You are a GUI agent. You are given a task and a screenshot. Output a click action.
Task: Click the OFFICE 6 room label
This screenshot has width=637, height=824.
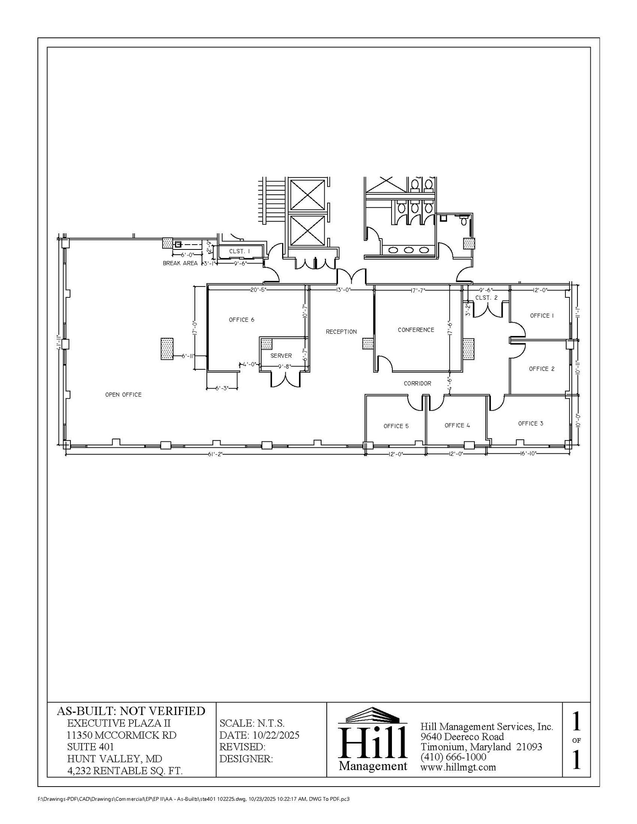241,320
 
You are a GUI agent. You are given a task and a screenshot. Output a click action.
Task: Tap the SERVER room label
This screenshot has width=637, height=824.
281,356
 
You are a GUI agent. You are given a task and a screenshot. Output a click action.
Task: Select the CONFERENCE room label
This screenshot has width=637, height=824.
416,330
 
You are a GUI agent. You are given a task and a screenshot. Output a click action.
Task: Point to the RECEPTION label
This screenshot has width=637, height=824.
341,332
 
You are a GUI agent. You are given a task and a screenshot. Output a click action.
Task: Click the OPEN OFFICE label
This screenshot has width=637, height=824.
123,395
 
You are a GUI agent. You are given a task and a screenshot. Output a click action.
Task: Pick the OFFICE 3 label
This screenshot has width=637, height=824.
530,423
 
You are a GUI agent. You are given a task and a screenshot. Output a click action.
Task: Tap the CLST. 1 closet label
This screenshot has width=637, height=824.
239,251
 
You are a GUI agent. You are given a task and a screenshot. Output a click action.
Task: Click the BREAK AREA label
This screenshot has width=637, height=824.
180,264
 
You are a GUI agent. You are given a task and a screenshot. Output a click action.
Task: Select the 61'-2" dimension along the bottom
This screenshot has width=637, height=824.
215,454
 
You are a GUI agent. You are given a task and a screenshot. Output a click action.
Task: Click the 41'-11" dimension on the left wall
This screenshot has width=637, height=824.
59,343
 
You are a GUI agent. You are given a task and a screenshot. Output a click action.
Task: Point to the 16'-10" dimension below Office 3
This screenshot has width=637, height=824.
527,453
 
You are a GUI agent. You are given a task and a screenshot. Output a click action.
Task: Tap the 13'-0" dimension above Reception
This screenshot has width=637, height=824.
343,290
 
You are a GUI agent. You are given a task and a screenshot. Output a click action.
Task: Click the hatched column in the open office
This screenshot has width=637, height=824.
167,348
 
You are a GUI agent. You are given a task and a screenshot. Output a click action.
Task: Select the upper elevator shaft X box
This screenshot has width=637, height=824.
307,195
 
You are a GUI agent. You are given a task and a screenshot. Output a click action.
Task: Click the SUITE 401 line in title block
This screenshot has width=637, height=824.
91,747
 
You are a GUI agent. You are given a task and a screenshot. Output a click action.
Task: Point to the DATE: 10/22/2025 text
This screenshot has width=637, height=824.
259,735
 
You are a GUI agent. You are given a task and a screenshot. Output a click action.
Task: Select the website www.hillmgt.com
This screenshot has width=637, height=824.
458,767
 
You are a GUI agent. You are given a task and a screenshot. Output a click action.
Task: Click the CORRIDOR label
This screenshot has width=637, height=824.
417,383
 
